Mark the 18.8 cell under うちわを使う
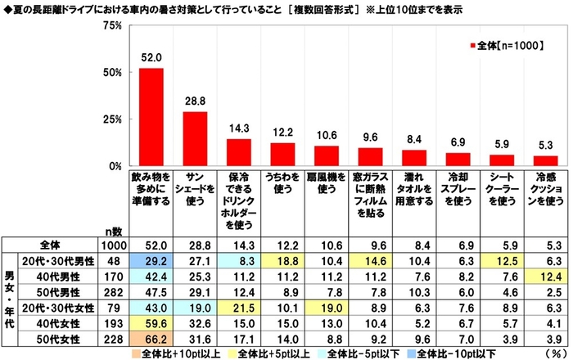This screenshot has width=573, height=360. (282, 259)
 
